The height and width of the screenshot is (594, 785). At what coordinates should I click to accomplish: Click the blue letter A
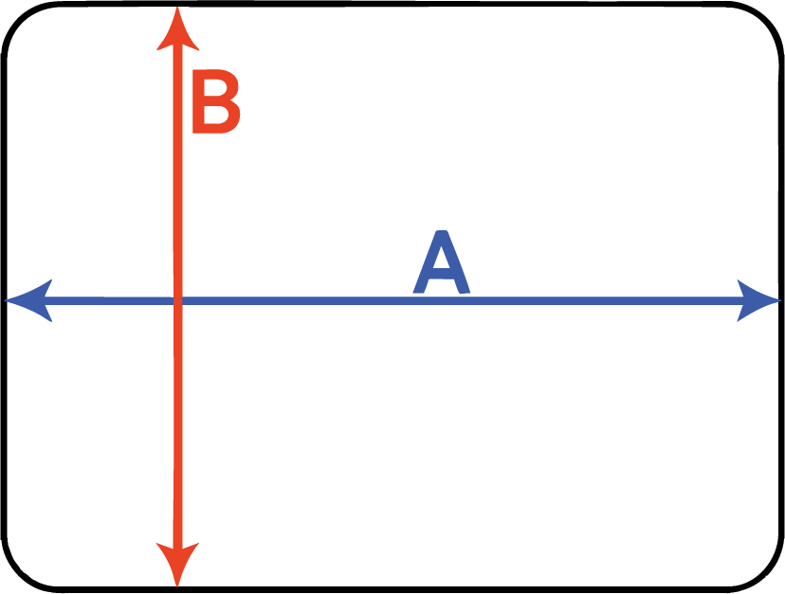442,264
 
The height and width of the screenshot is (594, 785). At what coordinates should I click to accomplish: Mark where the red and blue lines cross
177,300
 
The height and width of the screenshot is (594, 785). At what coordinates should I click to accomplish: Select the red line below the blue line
177,426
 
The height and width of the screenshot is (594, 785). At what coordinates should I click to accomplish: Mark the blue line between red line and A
294,300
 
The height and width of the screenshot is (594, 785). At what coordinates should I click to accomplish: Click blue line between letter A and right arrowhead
607,300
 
